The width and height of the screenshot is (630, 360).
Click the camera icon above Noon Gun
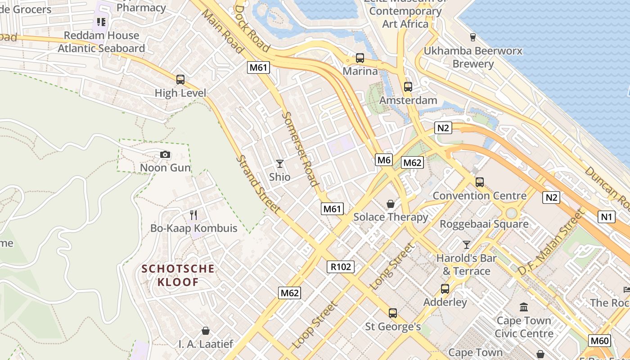(165, 155)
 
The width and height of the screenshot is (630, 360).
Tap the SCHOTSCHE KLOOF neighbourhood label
(178, 275)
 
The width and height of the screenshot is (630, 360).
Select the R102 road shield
(340, 267)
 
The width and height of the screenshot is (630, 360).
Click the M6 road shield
(384, 159)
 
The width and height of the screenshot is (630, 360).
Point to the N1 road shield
(607, 217)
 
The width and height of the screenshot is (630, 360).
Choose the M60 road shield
(599, 341)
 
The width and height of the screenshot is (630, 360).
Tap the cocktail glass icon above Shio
(280, 164)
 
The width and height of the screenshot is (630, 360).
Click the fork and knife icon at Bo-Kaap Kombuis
(193, 215)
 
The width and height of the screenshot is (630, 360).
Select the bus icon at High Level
(180, 80)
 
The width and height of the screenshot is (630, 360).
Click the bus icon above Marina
(360, 58)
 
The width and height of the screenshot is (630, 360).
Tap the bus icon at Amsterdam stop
(408, 87)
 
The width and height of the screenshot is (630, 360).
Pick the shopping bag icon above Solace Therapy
(391, 204)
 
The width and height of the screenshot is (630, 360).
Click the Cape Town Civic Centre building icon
(524, 307)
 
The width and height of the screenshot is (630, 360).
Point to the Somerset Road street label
(300, 149)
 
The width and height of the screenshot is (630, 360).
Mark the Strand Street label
(258, 184)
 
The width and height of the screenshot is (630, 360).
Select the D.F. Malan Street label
(550, 243)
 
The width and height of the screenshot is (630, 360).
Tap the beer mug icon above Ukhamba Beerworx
(472, 37)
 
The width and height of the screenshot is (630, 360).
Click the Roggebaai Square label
(484, 224)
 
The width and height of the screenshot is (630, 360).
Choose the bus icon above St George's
(393, 313)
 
